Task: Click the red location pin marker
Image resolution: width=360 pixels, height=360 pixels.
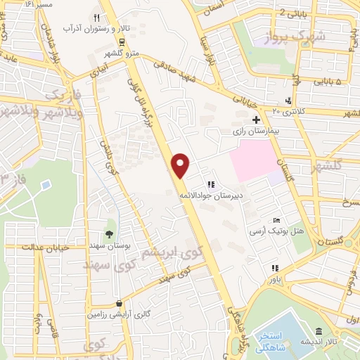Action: tap(181, 165)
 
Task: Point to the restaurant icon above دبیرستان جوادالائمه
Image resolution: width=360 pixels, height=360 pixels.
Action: tap(210, 184)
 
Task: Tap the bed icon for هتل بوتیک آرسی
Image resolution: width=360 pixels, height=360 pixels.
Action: tap(276, 221)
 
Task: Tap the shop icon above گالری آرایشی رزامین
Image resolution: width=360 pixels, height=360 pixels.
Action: tap(118, 305)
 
